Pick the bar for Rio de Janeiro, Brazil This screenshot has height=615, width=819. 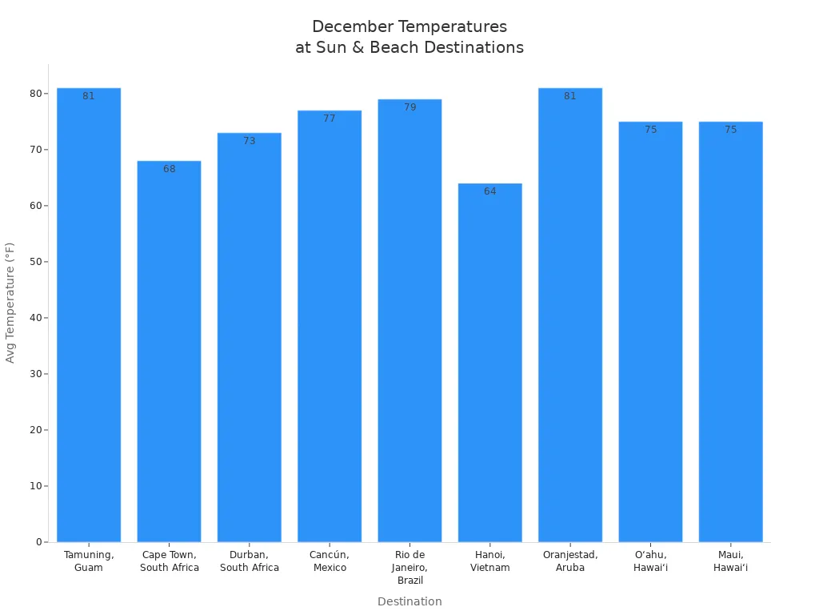coord(409,320)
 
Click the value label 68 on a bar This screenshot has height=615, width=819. coord(170,169)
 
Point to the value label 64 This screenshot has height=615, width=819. coord(489,191)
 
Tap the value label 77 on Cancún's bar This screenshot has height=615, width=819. coord(330,119)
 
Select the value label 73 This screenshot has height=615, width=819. coord(250,141)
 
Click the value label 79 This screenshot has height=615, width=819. coord(409,107)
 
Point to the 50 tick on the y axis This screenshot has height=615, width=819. coord(36,262)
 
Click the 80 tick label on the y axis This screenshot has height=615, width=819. coord(36,94)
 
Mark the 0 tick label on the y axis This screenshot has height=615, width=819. coord(38,542)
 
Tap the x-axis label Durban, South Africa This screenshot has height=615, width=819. coord(250,561)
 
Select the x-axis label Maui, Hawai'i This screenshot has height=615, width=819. coord(730,561)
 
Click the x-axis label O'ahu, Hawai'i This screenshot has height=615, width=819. coord(650,561)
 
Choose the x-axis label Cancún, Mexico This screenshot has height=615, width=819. coord(330,561)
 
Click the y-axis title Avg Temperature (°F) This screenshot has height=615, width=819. coord(10,303)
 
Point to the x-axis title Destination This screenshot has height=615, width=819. coord(409,601)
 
